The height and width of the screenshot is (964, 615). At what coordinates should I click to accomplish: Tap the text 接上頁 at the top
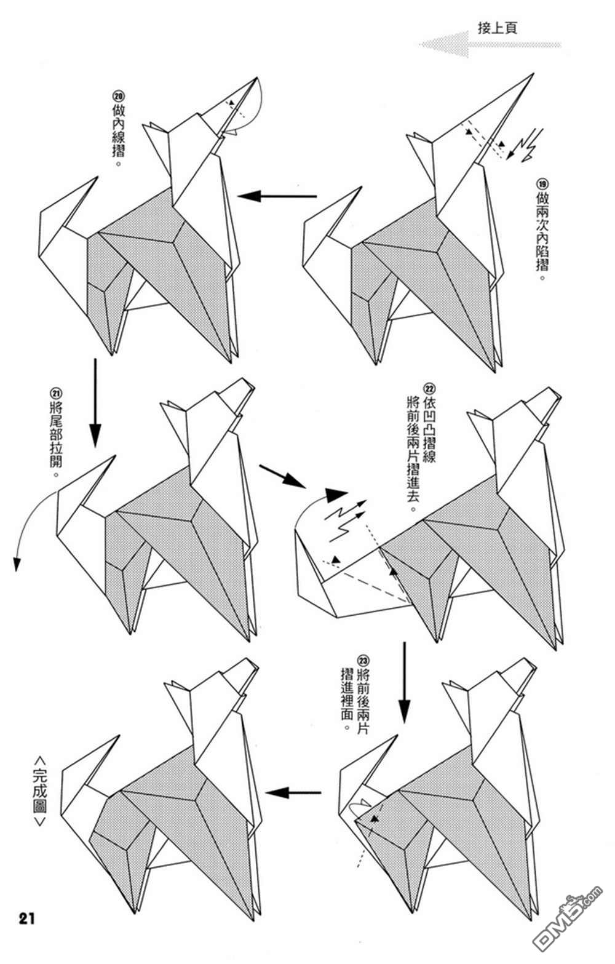tap(497, 28)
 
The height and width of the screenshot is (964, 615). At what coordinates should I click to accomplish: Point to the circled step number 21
tap(57, 393)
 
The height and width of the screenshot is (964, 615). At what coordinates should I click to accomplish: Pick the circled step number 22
tap(429, 389)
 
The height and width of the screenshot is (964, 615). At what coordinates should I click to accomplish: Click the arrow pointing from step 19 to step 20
tap(277, 196)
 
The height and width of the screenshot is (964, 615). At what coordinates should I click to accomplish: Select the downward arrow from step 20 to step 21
tap(95, 403)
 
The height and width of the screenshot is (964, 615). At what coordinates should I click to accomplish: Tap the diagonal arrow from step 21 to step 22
tap(282, 476)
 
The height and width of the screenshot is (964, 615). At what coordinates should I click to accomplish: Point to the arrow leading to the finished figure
tap(293, 792)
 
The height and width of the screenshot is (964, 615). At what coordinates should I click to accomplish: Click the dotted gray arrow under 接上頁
tap(490, 44)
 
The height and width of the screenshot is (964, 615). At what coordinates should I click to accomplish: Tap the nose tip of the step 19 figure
tap(533, 74)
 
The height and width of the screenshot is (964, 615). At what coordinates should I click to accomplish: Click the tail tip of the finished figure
tap(119, 736)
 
